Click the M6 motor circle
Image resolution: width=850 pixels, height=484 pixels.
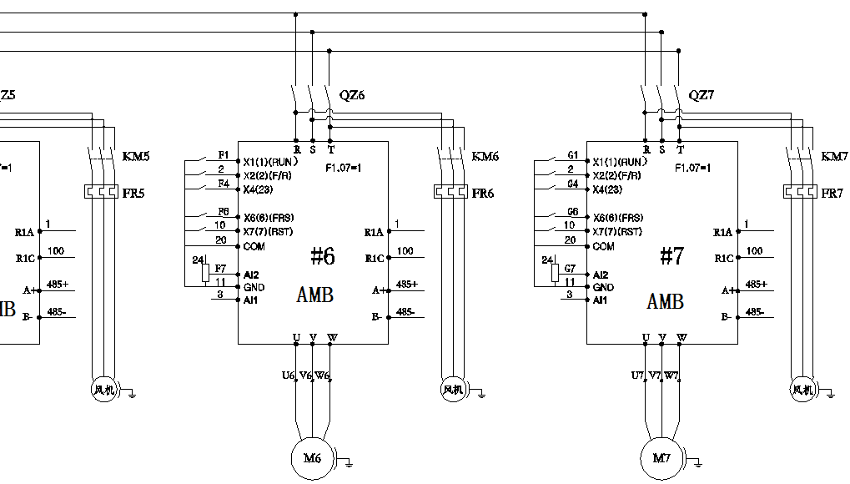[311, 458]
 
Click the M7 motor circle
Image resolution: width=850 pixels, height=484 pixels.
[661, 458]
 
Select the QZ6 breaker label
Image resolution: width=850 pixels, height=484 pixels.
[352, 95]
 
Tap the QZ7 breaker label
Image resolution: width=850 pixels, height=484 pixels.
[702, 95]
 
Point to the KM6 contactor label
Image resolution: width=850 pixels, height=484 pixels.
[485, 157]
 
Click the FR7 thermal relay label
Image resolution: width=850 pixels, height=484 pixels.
[832, 194]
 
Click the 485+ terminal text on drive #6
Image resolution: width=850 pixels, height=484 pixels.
[407, 285]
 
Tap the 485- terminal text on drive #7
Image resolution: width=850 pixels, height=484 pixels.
[756, 311]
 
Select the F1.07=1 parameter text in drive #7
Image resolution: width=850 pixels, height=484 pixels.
[692, 168]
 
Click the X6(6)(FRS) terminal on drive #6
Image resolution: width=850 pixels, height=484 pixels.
[268, 217]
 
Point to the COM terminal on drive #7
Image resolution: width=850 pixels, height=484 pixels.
[603, 246]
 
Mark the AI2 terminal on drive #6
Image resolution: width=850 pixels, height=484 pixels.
[251, 275]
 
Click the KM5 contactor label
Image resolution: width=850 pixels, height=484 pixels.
[136, 157]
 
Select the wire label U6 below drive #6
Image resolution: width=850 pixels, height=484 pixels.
[289, 376]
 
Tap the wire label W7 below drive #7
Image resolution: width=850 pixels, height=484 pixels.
[672, 376]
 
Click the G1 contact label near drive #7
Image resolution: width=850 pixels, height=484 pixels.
[572, 155]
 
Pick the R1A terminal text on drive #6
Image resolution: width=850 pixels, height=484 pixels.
[374, 233]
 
